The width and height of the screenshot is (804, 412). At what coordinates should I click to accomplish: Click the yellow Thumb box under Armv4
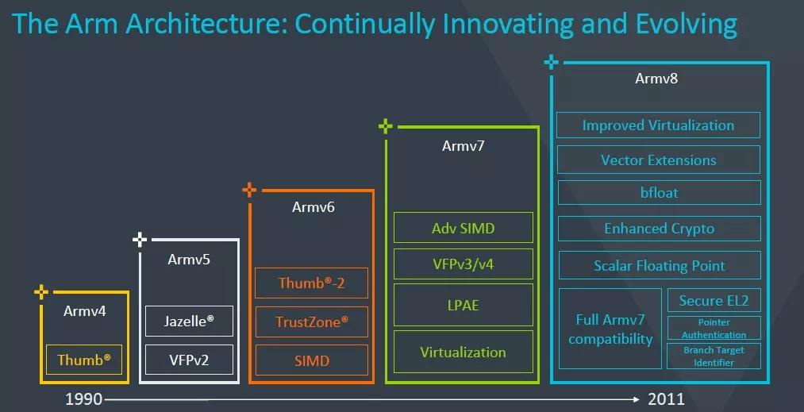(x=84, y=360)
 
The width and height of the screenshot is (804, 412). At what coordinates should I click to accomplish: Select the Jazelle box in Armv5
(x=189, y=322)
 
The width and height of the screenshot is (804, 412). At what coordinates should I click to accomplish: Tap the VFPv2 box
(x=189, y=360)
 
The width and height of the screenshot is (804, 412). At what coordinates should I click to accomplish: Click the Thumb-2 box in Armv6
(x=311, y=283)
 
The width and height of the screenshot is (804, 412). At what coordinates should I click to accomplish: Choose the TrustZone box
(x=311, y=322)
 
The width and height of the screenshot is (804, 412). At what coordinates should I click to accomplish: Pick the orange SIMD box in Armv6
(x=311, y=360)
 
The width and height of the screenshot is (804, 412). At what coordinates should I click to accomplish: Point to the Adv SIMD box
(x=463, y=228)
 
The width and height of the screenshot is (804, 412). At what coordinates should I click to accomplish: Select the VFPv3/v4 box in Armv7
(x=463, y=264)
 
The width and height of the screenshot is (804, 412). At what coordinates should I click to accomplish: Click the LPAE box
(x=463, y=305)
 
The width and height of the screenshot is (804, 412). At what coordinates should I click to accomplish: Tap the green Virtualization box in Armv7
(x=463, y=352)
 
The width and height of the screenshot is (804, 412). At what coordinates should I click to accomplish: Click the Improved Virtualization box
(x=658, y=125)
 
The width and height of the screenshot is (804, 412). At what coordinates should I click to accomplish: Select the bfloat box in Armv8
(x=659, y=193)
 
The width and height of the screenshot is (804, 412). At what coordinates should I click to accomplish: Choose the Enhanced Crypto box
(x=659, y=229)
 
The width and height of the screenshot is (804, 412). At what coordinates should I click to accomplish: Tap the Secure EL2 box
(x=714, y=301)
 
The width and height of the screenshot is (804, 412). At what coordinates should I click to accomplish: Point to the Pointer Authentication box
(x=714, y=329)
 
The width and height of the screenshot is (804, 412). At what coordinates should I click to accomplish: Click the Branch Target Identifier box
(x=714, y=356)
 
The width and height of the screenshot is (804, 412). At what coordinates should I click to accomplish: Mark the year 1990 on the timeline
(x=83, y=399)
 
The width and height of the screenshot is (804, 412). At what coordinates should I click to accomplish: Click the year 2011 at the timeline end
(x=665, y=399)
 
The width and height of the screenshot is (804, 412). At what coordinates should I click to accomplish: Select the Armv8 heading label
(x=656, y=79)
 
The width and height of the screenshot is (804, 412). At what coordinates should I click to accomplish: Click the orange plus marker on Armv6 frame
(x=249, y=190)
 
